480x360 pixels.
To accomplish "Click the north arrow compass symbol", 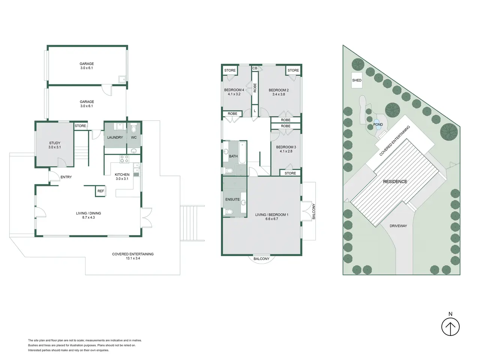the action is (450, 327).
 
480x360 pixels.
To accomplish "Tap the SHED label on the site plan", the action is (357, 80).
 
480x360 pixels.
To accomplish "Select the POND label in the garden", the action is (378, 124).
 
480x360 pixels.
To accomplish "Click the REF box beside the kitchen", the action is (100, 191).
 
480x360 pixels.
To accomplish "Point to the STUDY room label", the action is (55, 143).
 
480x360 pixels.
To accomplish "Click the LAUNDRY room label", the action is (115, 138).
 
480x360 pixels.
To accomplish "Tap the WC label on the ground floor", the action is (133, 138).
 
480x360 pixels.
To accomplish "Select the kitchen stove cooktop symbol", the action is (124, 159).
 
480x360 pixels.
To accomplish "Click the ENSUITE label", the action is (232, 199).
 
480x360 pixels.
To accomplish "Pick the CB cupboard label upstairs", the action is (255, 68).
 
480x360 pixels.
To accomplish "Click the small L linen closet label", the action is (255, 111).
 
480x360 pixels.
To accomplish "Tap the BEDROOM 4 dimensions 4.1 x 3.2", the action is (234, 94).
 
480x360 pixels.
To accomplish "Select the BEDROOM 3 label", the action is (286, 147).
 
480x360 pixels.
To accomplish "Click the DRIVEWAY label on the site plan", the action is (398, 226).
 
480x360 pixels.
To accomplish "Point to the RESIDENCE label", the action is (395, 181).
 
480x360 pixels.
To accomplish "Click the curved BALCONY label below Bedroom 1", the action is (261, 259).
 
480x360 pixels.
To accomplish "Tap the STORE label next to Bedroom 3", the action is (290, 173).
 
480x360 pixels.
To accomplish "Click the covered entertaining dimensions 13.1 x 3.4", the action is (133, 258).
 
